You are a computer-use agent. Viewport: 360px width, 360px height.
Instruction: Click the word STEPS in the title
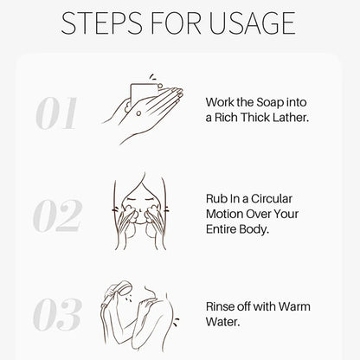click(x=101, y=23)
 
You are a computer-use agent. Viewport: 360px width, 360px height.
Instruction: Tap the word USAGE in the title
click(x=252, y=23)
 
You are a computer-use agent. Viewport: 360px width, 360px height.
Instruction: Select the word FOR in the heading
click(x=176, y=23)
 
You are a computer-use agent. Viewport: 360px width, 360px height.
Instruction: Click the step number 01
click(x=57, y=113)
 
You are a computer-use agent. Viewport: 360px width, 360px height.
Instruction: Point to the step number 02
click(x=57, y=215)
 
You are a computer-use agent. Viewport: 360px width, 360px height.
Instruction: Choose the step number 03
click(x=57, y=314)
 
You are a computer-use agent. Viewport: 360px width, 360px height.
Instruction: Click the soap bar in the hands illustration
click(x=144, y=93)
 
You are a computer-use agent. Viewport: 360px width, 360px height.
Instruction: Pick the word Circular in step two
click(x=272, y=199)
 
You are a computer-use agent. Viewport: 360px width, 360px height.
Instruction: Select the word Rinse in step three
click(x=220, y=306)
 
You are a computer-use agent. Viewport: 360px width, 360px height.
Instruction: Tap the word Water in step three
click(x=222, y=322)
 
